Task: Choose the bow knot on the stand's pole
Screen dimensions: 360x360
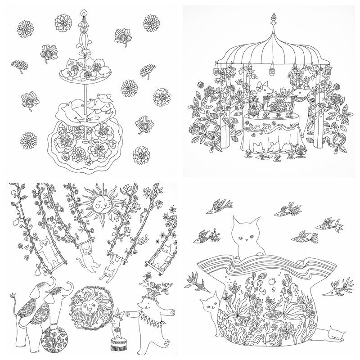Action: point(83,52)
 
